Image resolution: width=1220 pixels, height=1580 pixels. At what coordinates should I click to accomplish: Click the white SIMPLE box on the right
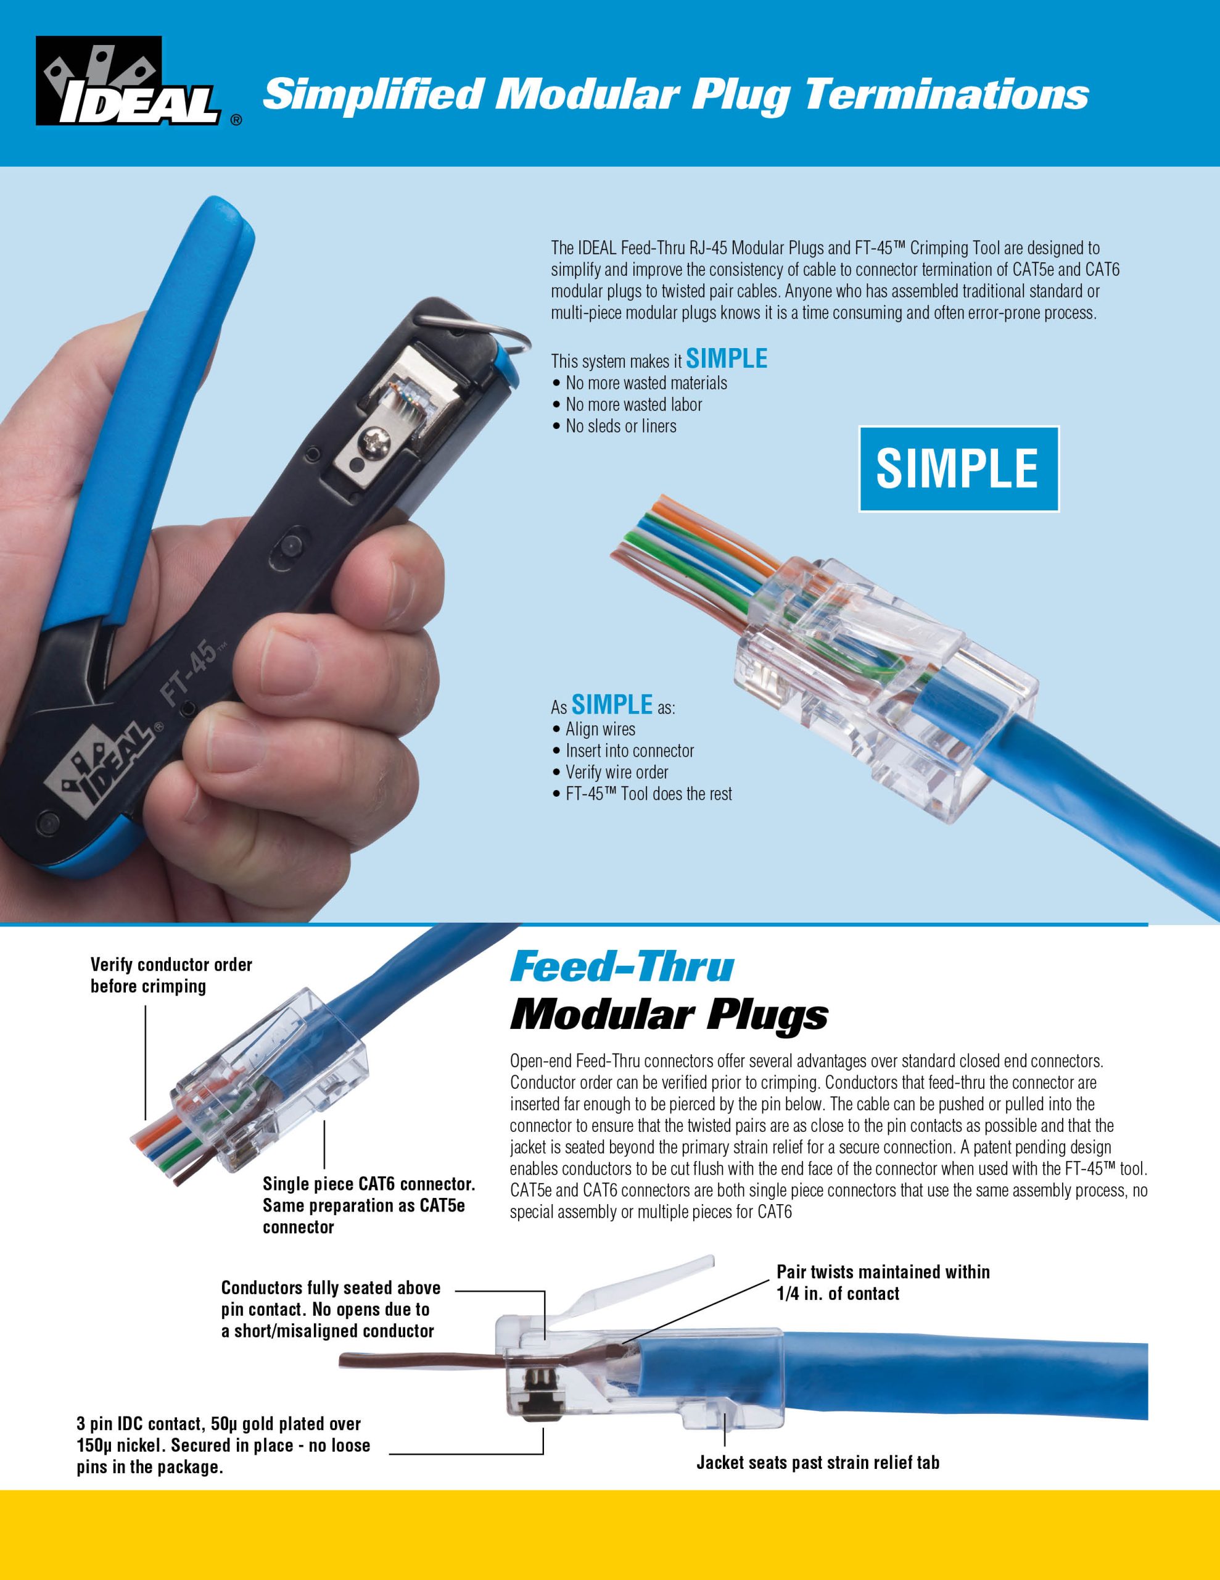click(958, 469)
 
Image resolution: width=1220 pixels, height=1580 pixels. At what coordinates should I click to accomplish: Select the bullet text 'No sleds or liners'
click(615, 426)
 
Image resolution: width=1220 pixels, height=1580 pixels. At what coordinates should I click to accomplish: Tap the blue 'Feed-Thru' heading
click(622, 967)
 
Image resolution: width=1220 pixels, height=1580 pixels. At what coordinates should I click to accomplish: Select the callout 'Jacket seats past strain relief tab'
click(818, 1462)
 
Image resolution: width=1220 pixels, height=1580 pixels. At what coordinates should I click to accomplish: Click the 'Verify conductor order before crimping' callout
click(171, 975)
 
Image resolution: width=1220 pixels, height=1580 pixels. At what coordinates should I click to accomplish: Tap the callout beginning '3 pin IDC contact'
click(223, 1445)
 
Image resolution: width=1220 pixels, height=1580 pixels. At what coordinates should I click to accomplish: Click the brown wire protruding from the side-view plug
click(419, 1362)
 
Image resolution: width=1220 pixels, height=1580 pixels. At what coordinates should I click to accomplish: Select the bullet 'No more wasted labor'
click(627, 404)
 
